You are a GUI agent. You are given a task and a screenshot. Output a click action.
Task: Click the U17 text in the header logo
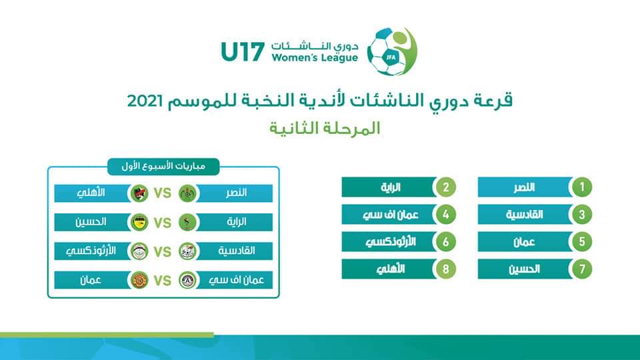click(243, 52)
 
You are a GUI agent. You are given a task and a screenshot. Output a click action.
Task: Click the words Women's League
click(315, 58)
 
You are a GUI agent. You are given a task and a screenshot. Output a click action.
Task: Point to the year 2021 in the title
click(145, 101)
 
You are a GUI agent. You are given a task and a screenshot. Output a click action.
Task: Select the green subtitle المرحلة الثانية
click(325, 128)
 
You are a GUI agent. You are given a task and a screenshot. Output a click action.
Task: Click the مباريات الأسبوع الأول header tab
click(163, 167)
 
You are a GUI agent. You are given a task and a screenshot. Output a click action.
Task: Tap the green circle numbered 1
click(581, 187)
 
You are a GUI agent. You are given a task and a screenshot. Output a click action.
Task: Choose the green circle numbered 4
click(445, 214)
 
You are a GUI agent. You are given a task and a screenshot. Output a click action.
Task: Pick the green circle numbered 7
click(581, 269)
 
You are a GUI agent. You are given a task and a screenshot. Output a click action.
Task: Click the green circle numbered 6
click(445, 241)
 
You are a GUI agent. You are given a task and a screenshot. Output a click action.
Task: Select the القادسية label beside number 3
click(524, 215)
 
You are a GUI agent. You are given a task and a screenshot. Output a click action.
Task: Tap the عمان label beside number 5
click(524, 242)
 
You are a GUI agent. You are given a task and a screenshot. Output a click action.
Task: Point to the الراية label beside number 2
click(391, 187)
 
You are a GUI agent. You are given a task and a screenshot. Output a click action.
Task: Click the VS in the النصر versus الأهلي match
click(163, 193)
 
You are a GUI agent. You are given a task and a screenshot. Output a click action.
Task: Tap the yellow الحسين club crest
click(139, 223)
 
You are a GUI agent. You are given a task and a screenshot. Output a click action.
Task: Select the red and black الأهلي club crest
click(139, 193)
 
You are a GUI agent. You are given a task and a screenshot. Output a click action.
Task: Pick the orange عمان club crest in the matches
click(139, 281)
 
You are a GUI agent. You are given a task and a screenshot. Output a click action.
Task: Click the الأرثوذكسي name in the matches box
click(91, 251)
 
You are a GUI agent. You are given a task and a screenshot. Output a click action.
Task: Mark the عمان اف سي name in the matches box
click(236, 281)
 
